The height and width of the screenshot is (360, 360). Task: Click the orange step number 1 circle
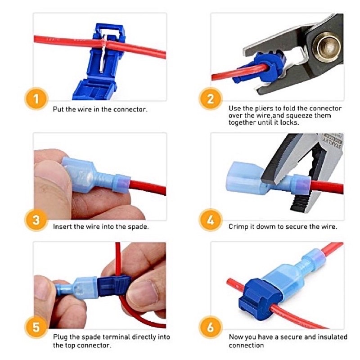36,99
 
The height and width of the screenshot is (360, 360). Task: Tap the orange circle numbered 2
211,99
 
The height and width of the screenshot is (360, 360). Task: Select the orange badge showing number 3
36,220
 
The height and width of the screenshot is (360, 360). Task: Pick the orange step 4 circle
211,220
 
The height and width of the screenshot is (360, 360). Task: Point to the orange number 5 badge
36,327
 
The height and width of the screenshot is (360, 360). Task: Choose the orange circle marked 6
211,327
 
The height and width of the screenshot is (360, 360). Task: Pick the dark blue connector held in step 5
114,286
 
